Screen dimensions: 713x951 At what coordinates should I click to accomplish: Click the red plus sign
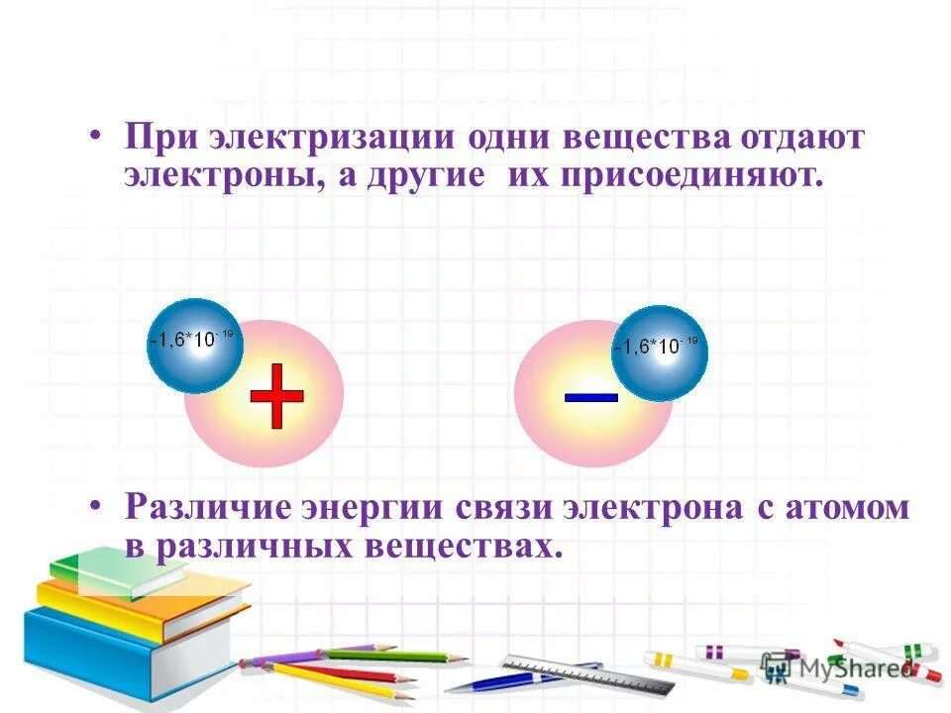[276, 395]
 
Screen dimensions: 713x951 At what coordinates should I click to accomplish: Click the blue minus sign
[591, 396]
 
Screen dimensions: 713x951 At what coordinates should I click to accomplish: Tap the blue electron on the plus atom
[194, 344]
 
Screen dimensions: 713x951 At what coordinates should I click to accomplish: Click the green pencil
[396, 656]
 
